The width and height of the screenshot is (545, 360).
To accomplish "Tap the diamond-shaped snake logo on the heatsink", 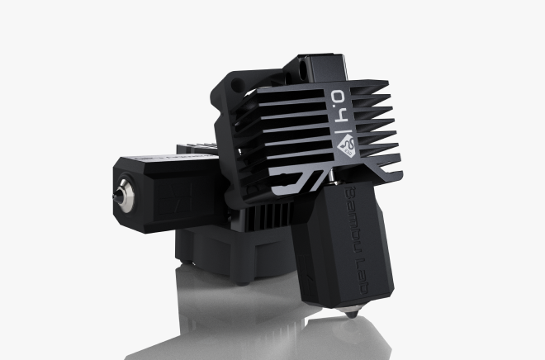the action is click(347, 146).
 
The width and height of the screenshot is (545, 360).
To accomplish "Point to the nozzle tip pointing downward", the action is click(352, 314).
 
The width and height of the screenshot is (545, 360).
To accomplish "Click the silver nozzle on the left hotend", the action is click(125, 196).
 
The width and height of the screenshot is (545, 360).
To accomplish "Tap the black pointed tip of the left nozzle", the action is click(115, 197).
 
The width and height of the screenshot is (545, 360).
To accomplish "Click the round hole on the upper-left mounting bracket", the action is click(237, 84).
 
